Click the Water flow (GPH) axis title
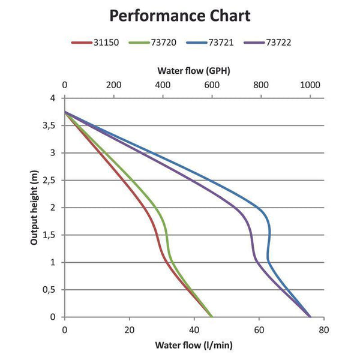coord(194,70)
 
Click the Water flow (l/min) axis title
coord(194,345)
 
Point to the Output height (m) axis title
coord(35,207)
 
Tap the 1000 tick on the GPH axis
coord(310,85)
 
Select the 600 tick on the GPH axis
coord(212,85)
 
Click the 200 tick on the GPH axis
coord(113,85)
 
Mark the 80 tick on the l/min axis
coord(323,329)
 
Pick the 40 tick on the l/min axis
coord(194,329)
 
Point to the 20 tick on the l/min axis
coord(129,329)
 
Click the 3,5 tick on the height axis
coord(53,125)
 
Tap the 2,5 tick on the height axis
coord(53,180)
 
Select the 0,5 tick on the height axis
coord(53,290)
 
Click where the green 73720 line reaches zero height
coord(212,316)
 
